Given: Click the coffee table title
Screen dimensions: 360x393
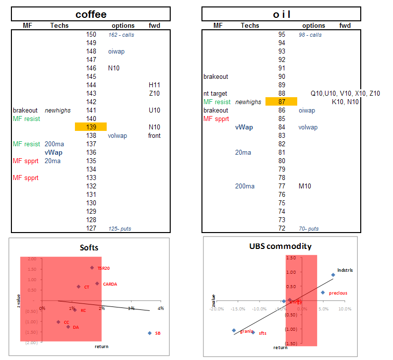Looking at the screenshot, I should tap(91, 14).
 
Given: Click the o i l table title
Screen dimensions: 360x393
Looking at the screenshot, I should tap(281, 14).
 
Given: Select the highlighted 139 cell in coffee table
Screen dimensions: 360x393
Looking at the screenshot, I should tap(91, 127).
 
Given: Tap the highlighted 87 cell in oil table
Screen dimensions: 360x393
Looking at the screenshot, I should tap(281, 102).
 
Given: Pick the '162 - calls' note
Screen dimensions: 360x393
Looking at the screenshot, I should tap(121, 35).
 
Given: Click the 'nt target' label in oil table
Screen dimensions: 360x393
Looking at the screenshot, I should tap(215, 93).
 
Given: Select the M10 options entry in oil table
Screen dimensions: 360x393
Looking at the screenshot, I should tap(305, 186).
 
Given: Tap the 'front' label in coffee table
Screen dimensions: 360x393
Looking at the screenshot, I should tap(154, 135).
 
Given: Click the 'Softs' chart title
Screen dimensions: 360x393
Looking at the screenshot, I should tap(90, 247).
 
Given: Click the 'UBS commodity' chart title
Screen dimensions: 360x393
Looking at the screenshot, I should tap(280, 246).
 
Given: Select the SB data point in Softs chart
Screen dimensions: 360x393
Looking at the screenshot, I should tap(149, 333).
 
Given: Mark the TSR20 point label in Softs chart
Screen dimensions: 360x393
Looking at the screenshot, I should tap(104, 268).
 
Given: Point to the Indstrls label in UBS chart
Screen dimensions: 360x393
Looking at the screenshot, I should tap(345, 270).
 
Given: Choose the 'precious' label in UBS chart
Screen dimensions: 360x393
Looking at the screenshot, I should tap(338, 293).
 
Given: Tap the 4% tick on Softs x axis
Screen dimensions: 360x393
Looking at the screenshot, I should tap(161, 308).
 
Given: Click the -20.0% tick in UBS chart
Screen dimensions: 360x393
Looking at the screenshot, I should tap(216, 308).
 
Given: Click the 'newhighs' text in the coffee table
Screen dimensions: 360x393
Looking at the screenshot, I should tap(58, 110).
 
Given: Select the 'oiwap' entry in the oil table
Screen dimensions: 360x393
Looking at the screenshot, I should tap(307, 110).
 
